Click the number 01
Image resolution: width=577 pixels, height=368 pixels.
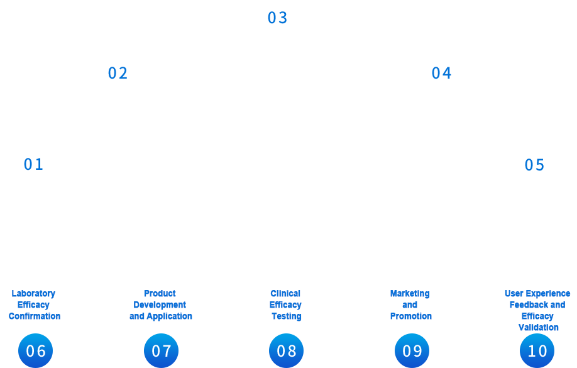click(x=34, y=164)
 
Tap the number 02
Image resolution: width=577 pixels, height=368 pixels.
click(x=118, y=74)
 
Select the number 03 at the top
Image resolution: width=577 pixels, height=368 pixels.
click(x=277, y=18)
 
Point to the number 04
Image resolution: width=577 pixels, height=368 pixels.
click(x=442, y=74)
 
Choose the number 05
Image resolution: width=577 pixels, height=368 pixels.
click(x=535, y=165)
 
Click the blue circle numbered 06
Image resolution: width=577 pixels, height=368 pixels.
click(x=35, y=350)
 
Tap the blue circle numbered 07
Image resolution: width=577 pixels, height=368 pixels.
click(x=161, y=350)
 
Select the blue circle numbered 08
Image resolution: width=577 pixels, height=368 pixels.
click(x=286, y=350)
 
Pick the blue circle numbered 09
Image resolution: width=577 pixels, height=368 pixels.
click(x=412, y=350)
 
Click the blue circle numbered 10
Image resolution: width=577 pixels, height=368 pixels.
click(x=537, y=350)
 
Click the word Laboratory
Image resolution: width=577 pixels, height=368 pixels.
click(x=33, y=294)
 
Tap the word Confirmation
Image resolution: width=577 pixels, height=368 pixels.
click(x=35, y=316)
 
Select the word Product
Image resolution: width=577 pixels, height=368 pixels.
click(x=160, y=294)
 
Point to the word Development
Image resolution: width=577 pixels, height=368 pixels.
click(x=160, y=305)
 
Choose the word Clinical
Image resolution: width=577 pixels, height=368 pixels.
click(x=285, y=294)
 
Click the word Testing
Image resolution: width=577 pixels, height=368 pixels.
click(x=287, y=316)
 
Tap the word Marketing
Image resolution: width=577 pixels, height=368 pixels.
click(x=410, y=294)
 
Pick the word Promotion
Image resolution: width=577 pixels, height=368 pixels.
click(x=411, y=316)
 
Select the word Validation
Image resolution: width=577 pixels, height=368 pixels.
click(x=539, y=328)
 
